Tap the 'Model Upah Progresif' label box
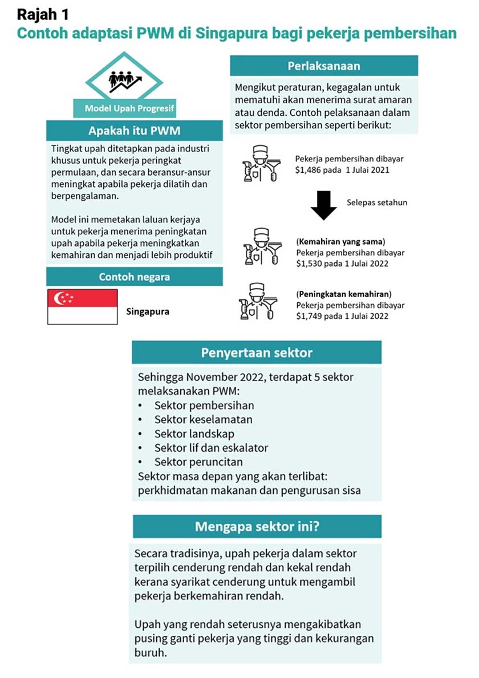click(121, 108)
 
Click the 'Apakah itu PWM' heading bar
click(134, 131)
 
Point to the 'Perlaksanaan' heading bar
click(323, 66)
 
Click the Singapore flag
click(83, 307)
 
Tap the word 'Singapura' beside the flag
click(148, 312)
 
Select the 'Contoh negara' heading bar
click(134, 277)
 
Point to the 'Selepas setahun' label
click(377, 202)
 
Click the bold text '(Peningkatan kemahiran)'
click(344, 294)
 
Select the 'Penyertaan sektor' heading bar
click(257, 352)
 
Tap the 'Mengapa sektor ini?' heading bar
click(257, 526)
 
